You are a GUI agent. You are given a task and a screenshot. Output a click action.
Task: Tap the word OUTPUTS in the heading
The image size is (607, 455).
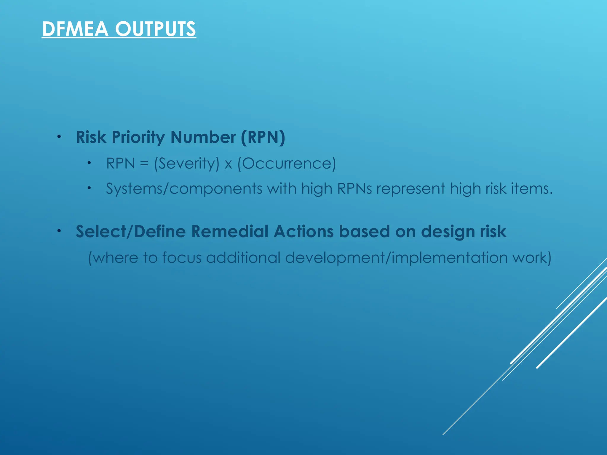click(x=155, y=29)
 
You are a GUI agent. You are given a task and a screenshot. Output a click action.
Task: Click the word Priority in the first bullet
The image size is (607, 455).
click(x=138, y=137)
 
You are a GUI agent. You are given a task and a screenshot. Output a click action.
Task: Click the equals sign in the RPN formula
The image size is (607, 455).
click(x=144, y=164)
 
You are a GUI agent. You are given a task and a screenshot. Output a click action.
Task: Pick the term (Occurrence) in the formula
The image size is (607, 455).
click(x=287, y=164)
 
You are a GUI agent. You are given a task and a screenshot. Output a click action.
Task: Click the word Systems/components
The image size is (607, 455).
click(x=184, y=189)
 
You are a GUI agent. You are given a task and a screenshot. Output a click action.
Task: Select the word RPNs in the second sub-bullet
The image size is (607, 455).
click(x=354, y=188)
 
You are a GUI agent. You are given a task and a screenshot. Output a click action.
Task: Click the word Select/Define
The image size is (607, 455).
click(x=131, y=231)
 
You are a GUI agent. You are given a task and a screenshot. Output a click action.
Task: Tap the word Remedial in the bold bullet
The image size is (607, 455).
click(x=230, y=231)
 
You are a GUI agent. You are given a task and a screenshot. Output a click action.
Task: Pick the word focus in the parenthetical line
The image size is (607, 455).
click(x=182, y=257)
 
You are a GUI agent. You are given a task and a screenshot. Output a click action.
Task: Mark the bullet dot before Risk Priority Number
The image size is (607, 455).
click(x=59, y=137)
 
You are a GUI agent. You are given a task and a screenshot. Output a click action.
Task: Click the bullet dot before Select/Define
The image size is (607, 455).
click(x=59, y=231)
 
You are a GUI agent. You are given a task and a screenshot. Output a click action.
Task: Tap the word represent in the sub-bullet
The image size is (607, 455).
click(x=411, y=189)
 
